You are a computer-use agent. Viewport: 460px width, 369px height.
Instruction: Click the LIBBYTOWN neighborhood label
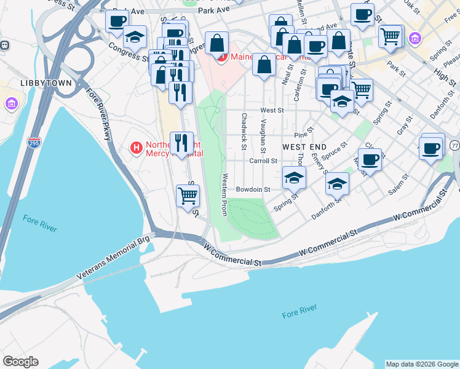pos(46,83)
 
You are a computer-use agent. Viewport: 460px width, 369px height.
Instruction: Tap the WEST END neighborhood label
pos(304,148)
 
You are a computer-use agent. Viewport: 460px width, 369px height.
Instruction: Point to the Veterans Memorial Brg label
pos(114,258)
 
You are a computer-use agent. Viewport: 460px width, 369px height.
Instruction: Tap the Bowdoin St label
pos(253,190)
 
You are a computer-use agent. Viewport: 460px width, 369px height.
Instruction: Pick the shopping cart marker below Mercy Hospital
pos(188,196)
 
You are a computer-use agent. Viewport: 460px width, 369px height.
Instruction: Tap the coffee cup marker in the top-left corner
pos(116,21)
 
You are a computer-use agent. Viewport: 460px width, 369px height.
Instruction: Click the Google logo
pos(20,362)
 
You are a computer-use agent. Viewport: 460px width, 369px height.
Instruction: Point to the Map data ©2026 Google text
pos(422,364)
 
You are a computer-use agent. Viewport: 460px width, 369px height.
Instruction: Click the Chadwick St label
pos(244,131)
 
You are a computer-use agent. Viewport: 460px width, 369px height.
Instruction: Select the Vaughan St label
pos(263,136)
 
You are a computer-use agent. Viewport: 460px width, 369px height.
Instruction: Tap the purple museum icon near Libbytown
pos(12,103)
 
